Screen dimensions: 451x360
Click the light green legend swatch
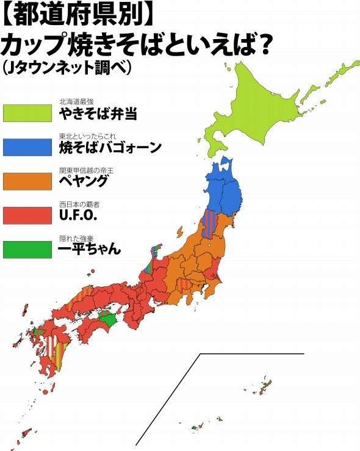(x=27, y=112)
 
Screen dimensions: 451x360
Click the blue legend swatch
(x=27, y=147)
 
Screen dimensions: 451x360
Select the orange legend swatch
(x=27, y=181)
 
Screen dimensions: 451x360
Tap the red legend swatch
(x=27, y=215)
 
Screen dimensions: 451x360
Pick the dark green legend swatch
(x=27, y=249)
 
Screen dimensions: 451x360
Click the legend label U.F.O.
(x=79, y=215)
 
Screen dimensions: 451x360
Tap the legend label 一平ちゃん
(x=88, y=249)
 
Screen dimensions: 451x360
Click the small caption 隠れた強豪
(x=76, y=238)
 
